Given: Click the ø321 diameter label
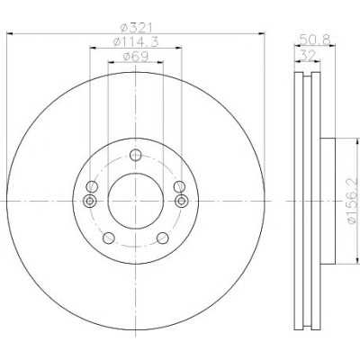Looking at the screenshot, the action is point(137,28).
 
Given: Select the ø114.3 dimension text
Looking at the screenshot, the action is point(136,42).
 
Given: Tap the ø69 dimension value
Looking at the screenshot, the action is point(136,57).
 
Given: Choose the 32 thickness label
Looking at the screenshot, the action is point(308,56).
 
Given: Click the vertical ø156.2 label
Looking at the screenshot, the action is point(353,201).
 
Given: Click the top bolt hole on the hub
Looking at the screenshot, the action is point(136,155).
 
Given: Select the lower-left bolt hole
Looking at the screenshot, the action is point(109,238).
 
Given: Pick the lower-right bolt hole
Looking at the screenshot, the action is point(163,238).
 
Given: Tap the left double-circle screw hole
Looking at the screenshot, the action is point(90,201).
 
